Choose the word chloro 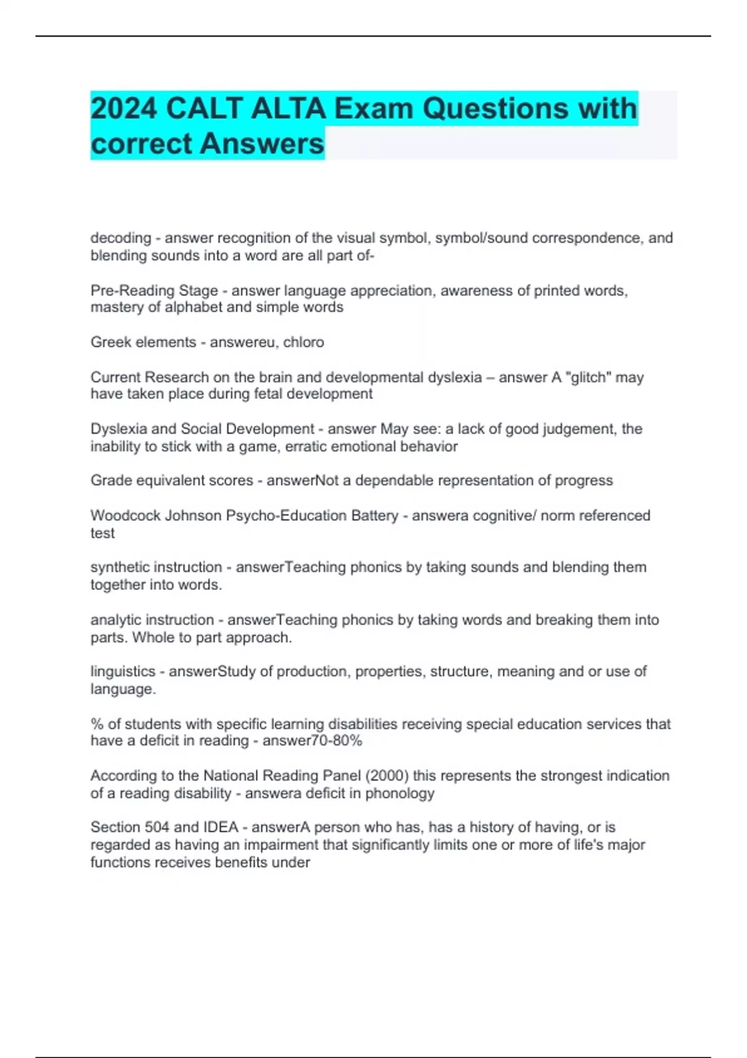[x=303, y=342]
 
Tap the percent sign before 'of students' [x=96, y=724]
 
